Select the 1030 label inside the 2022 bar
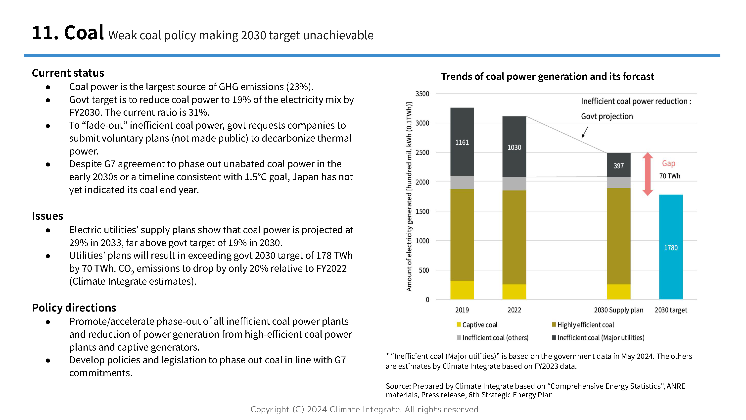[514, 147]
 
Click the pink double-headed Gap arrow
[647, 174]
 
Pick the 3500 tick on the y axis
[422, 94]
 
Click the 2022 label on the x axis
[514, 310]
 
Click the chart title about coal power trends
[547, 77]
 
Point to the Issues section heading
[47, 216]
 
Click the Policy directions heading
[74, 308]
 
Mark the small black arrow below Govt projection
[585, 132]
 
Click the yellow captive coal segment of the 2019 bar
[462, 290]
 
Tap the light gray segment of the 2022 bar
[514, 183]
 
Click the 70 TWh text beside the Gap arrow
[670, 176]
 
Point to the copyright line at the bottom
[364, 409]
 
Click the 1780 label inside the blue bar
[671, 248]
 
